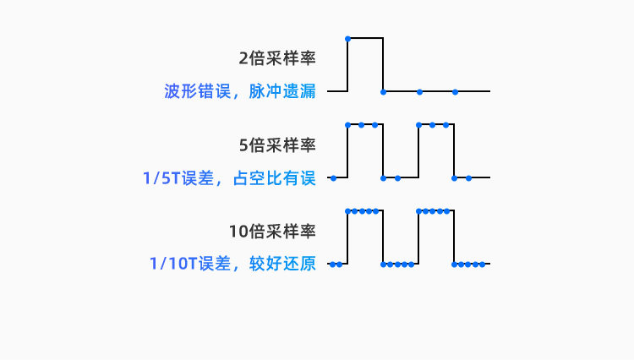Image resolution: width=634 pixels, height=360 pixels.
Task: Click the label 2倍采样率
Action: point(277,58)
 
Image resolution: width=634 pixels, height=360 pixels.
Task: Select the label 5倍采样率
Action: point(277,145)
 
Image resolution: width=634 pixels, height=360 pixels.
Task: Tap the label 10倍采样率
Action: point(272,232)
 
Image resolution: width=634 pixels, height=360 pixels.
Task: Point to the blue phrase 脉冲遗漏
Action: point(282,91)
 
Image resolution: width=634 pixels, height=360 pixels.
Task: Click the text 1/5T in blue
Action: point(161,177)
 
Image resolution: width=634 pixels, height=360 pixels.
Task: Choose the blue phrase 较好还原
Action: point(282,264)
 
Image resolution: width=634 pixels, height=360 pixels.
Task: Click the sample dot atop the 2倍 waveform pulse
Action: point(348,38)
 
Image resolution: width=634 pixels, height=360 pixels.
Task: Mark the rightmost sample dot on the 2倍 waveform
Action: point(455,90)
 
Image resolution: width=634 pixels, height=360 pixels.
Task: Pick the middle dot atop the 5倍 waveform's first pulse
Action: point(362,125)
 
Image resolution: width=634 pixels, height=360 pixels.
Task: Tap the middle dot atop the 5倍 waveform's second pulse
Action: point(433,125)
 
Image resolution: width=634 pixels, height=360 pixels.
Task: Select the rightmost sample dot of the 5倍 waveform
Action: point(468,177)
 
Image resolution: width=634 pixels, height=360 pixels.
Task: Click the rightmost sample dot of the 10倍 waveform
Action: point(483,264)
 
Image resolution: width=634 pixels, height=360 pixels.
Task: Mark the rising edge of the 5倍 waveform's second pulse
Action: point(419,151)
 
